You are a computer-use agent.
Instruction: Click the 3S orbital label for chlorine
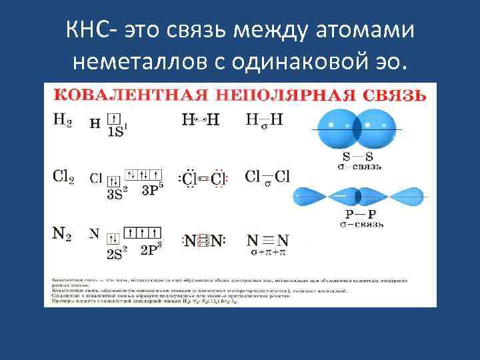(115, 194)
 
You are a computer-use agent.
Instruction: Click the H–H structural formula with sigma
(265, 121)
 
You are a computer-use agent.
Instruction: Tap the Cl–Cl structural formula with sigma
(267, 177)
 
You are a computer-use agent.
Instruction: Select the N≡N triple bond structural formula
(267, 240)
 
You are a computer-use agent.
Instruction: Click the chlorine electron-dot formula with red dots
(204, 179)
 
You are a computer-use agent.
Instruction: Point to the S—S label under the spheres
(357, 157)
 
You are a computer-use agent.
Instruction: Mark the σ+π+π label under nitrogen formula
(267, 253)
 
